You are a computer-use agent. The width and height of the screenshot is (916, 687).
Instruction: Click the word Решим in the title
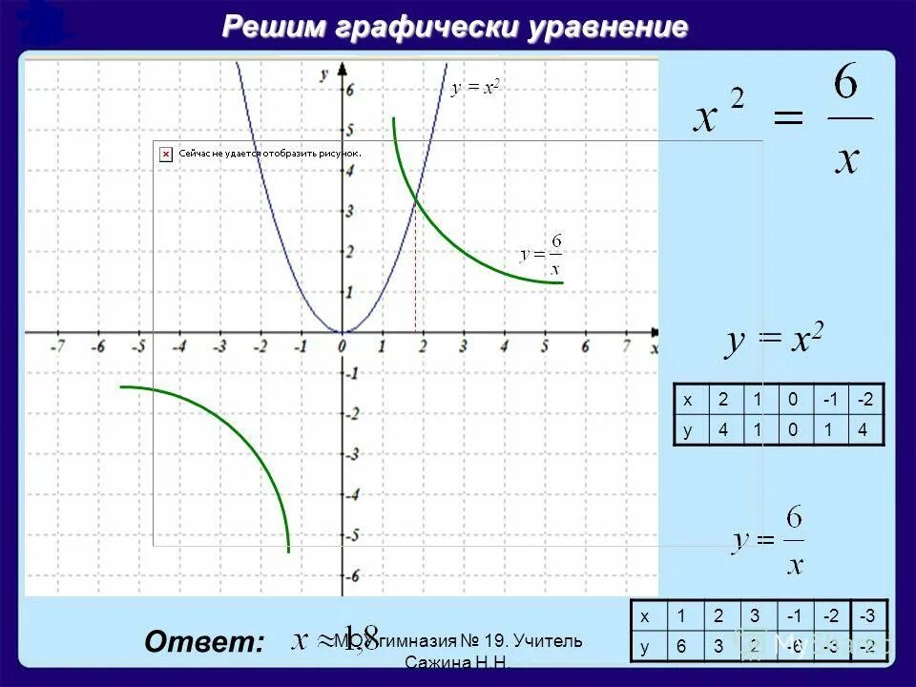[x=274, y=27]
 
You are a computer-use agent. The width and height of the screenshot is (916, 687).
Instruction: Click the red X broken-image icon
[x=165, y=153]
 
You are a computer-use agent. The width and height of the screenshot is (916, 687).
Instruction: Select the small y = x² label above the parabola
[x=475, y=88]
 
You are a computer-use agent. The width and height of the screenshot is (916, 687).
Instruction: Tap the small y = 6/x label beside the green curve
[x=541, y=255]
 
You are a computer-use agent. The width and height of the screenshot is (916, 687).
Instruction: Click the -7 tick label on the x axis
[x=56, y=347]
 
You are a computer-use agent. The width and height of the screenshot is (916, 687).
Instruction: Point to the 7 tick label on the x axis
[x=626, y=347]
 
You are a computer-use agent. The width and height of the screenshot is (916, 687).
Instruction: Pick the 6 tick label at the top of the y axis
[x=324, y=89]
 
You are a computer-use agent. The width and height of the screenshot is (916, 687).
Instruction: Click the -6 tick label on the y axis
[x=326, y=575]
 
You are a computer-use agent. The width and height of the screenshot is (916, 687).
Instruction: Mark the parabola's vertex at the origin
[x=343, y=331]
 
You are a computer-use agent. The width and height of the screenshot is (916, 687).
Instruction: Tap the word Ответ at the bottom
[x=203, y=642]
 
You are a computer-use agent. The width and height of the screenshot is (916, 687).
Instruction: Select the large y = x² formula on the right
[x=775, y=341]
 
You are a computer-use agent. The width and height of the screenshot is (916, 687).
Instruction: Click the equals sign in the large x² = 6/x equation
[x=787, y=119]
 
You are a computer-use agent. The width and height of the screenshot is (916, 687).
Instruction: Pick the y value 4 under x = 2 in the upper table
[x=722, y=429]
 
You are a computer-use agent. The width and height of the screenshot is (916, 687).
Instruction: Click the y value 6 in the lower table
[x=681, y=645]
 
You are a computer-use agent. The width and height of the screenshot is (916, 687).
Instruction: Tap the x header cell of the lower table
[x=645, y=614]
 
